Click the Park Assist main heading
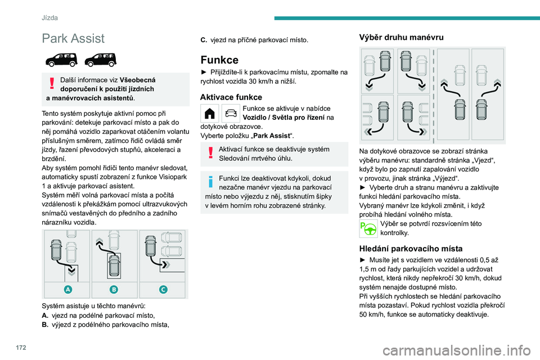73,38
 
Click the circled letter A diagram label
67,289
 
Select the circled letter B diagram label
114,289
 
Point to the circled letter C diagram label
163,289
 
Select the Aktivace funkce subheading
231,97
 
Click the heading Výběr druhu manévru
401,37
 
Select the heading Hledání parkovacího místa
411,248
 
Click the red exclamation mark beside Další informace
52,83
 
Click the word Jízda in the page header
49,18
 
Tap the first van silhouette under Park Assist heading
60,58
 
